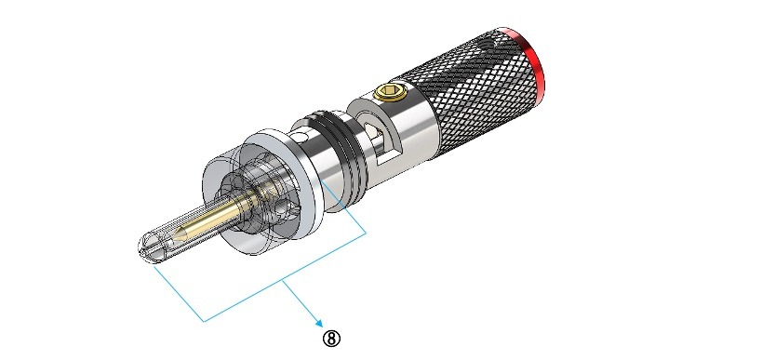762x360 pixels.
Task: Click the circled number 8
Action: click(x=331, y=339)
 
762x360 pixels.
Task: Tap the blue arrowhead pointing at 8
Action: click(x=319, y=323)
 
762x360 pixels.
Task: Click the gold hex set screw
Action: click(x=390, y=91)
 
